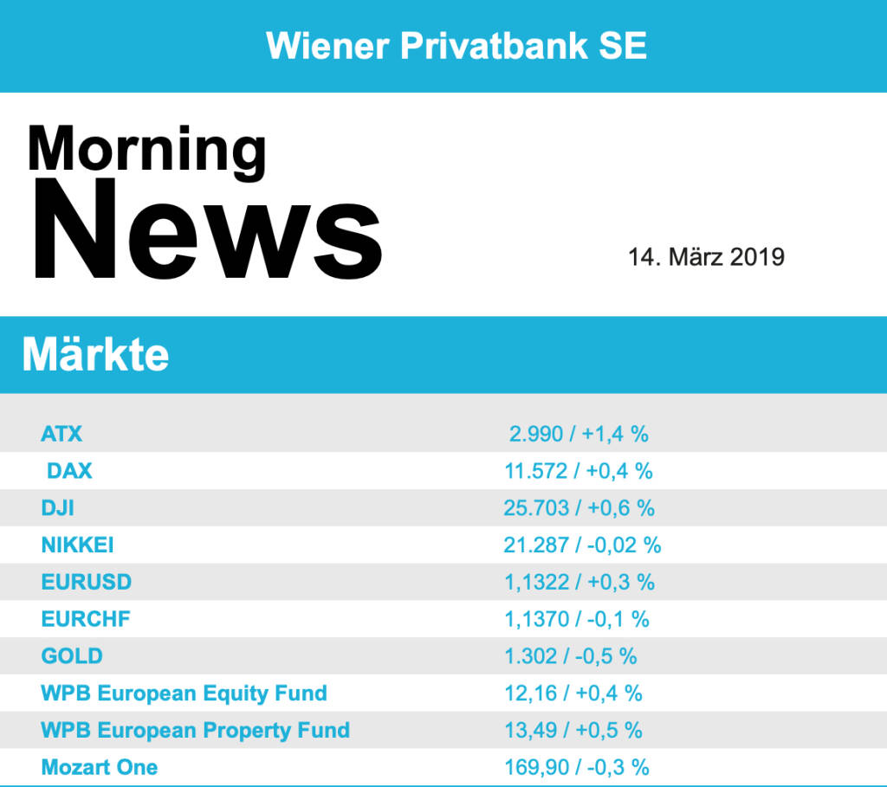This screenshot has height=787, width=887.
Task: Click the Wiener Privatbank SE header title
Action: click(x=456, y=45)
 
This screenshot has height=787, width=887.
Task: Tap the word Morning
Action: click(x=146, y=149)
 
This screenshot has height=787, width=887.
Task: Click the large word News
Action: click(x=205, y=229)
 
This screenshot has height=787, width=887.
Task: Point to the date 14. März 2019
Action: click(x=706, y=257)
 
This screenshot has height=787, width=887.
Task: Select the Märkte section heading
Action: click(x=95, y=354)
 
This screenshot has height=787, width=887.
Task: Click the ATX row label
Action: click(x=62, y=433)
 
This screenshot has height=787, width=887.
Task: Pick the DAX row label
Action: click(x=69, y=471)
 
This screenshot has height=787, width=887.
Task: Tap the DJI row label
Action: click(x=57, y=508)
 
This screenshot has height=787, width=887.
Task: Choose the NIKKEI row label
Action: click(x=77, y=545)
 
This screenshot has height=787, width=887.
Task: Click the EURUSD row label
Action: click(x=86, y=582)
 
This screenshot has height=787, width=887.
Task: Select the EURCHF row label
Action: click(x=85, y=619)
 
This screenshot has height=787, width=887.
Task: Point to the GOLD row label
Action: click(x=71, y=656)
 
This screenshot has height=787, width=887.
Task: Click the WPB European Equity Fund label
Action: click(x=184, y=693)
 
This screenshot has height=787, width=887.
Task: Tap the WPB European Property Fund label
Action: click(x=195, y=730)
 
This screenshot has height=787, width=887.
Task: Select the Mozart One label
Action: click(x=99, y=767)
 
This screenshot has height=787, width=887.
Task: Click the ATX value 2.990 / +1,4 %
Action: click(x=579, y=434)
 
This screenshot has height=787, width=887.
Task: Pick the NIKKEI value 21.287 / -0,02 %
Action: click(x=582, y=545)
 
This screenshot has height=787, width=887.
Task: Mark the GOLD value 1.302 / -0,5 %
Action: click(x=570, y=656)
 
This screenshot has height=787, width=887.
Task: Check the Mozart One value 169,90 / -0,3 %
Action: click(x=576, y=767)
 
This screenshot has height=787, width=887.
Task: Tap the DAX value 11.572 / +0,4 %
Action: click(x=579, y=471)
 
